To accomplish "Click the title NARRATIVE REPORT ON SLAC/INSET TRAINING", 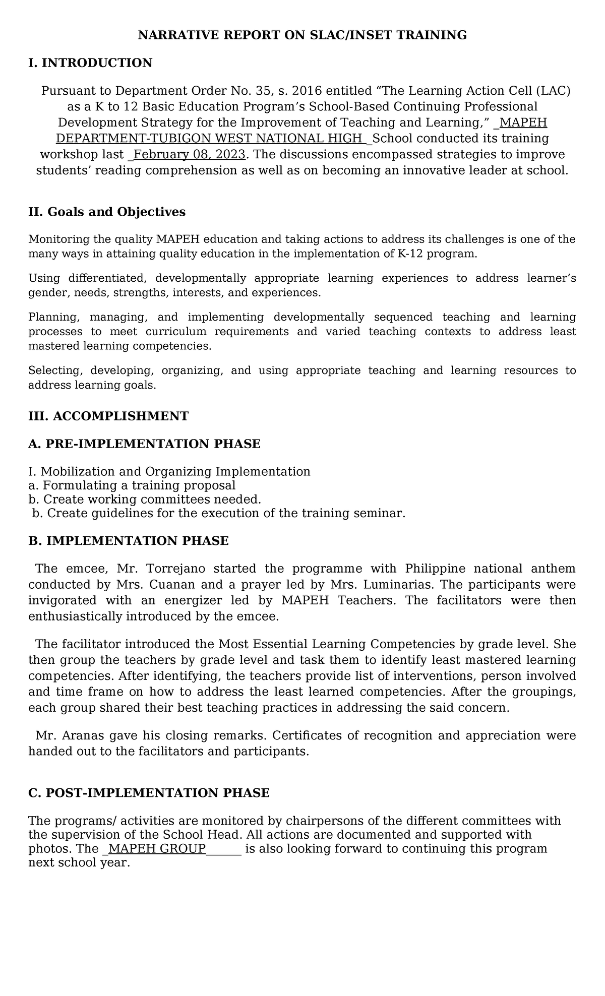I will pos(302,35).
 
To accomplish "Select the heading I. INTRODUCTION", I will pos(90,63).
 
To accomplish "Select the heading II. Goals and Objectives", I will pos(107,212).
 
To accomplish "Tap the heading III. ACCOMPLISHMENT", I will pos(108,416).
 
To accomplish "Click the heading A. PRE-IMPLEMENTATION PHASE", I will pos(144,444).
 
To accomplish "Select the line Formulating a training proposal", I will pos(139,485).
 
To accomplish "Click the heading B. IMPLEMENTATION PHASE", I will pos(129,541).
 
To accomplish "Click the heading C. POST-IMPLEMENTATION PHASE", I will pos(149,793).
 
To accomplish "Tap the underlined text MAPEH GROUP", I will pos(157,849).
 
